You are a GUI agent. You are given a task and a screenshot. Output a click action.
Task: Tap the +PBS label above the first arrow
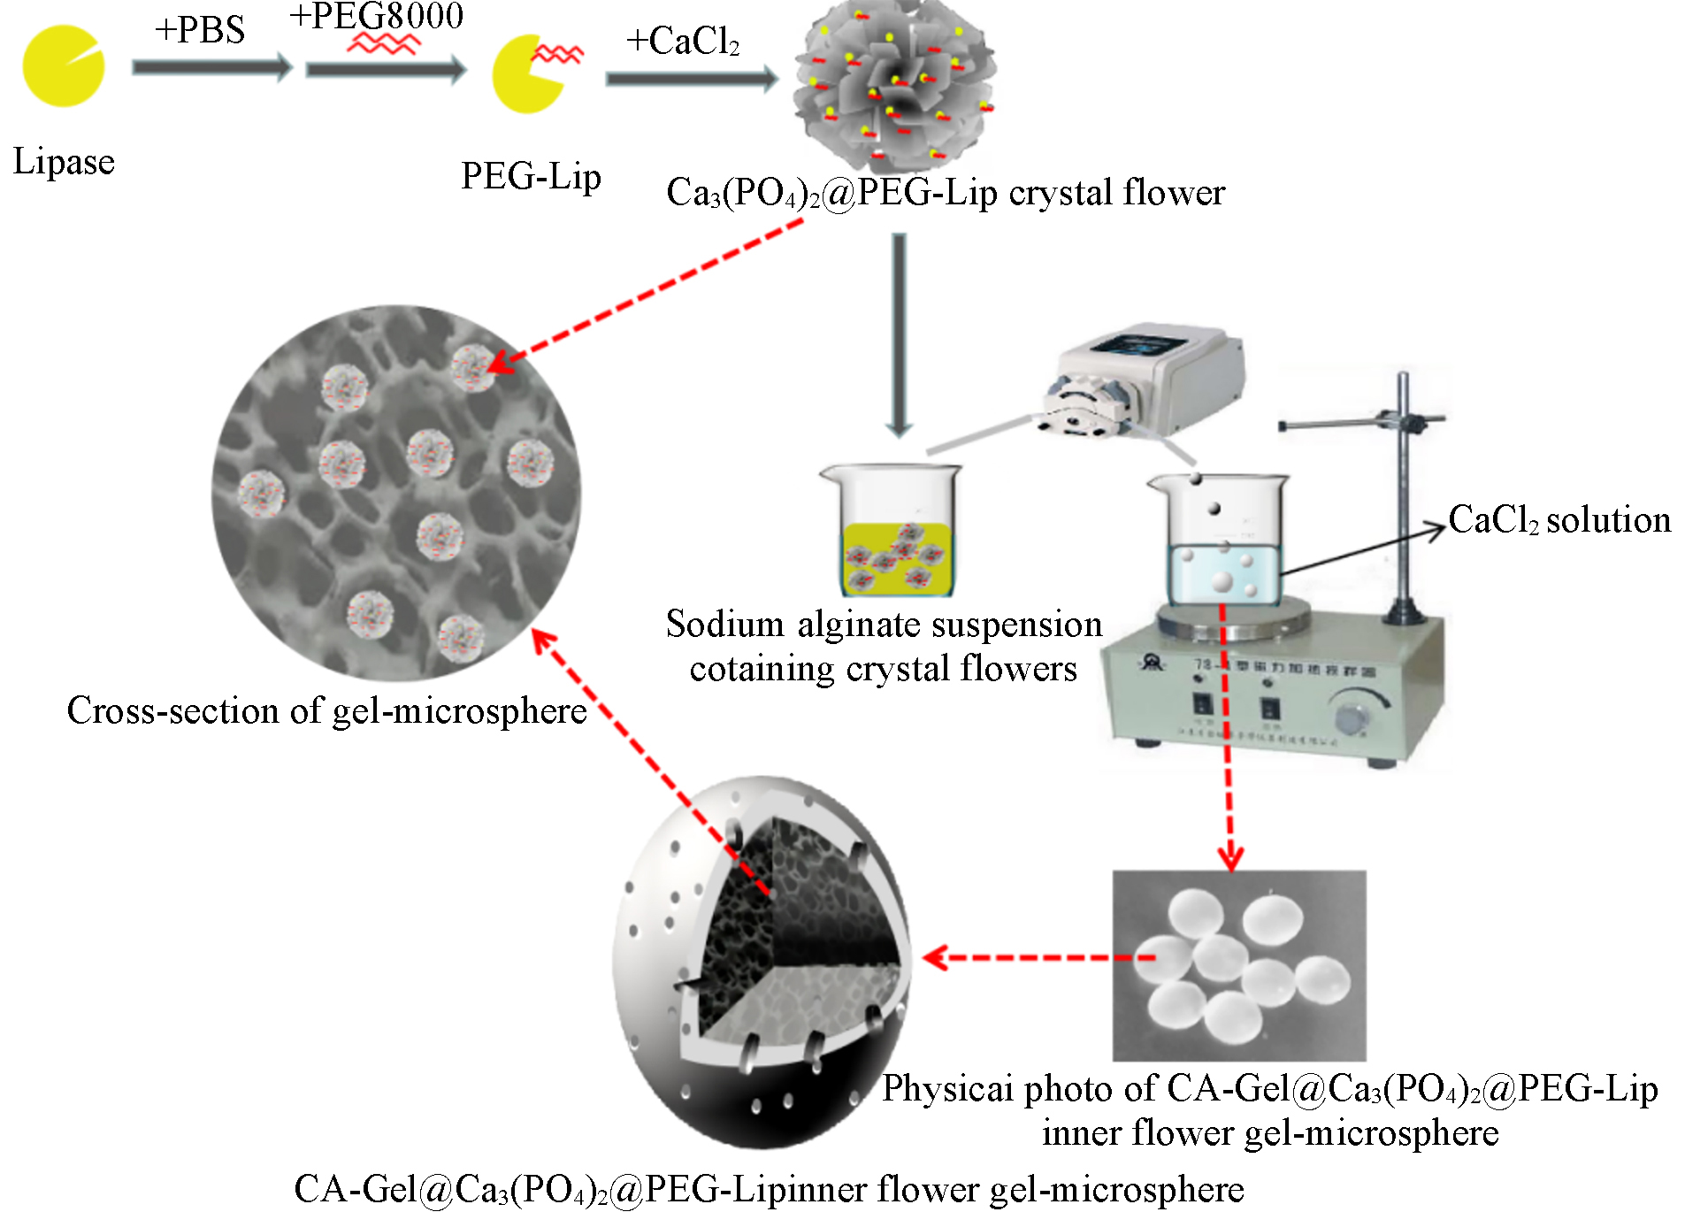click(200, 30)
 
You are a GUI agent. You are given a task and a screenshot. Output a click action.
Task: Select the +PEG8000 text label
click(377, 15)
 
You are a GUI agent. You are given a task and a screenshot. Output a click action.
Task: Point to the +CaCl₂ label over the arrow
click(682, 42)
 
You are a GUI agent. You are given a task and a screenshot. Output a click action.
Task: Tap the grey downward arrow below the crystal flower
click(899, 336)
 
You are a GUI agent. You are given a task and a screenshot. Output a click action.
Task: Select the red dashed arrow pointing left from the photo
click(1035, 957)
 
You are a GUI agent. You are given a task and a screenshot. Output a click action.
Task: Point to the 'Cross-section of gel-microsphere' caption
click(326, 710)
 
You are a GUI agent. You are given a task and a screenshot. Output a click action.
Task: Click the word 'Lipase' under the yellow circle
click(64, 162)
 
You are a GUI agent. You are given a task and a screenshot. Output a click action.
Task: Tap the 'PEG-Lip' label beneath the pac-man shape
click(531, 176)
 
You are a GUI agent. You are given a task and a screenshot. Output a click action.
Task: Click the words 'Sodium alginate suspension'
click(884, 625)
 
